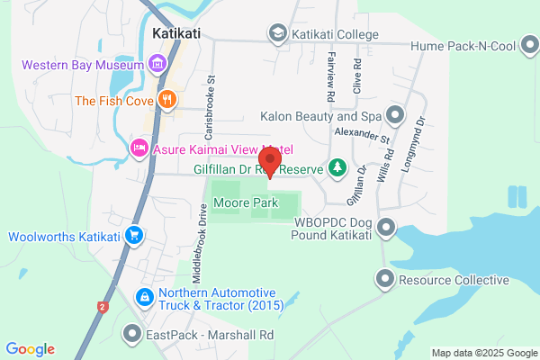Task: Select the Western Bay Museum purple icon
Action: coord(158,65)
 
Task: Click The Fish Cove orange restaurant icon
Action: coord(166,100)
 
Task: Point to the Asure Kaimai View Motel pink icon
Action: coord(139,147)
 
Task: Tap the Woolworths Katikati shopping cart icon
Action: coord(134,237)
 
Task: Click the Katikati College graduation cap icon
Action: coord(277,33)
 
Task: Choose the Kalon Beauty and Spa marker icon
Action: coord(394,115)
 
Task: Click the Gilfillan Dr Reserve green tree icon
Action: coord(337,167)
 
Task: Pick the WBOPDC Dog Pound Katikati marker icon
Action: coord(386,227)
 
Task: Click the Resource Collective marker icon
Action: coord(386,280)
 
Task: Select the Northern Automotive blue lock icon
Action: coord(144,296)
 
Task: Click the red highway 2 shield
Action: coord(103,308)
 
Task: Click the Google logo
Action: coord(30,349)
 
